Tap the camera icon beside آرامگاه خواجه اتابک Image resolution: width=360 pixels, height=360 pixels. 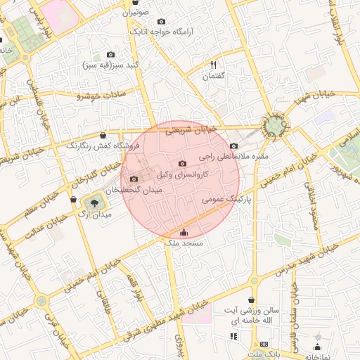point(162,22)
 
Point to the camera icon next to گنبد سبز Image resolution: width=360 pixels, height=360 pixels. point(110,54)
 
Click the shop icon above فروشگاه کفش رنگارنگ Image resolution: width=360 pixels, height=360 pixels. point(103,134)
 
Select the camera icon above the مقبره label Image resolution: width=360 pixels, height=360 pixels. point(233,146)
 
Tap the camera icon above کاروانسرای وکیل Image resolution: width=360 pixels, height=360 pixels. point(182,163)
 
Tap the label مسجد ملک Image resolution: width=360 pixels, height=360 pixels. point(184,243)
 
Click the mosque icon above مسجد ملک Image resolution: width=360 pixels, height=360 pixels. point(184,232)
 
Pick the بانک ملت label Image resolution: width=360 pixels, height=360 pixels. point(264,353)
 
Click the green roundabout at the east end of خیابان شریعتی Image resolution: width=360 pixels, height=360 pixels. point(273,127)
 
